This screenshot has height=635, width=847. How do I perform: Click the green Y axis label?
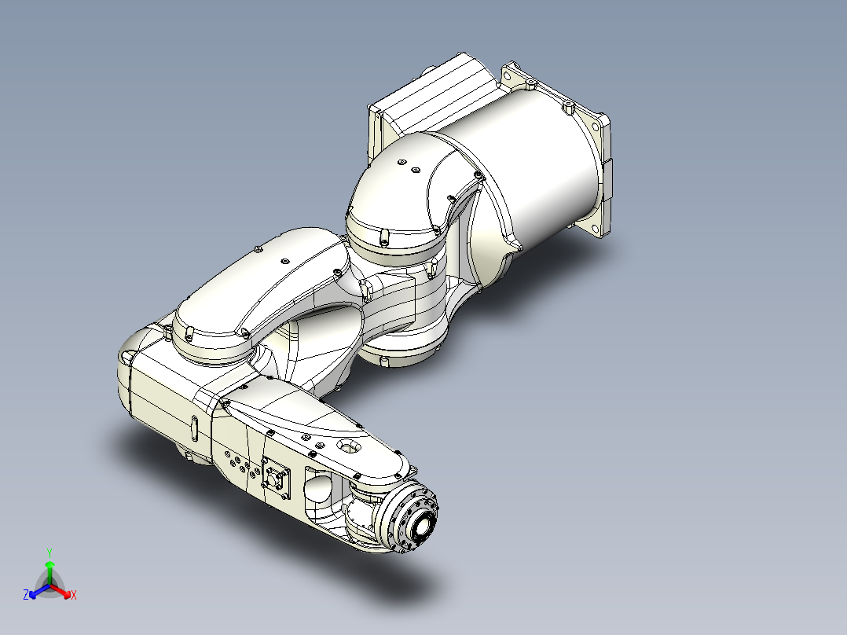(49, 552)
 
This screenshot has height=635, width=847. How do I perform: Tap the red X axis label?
(74, 596)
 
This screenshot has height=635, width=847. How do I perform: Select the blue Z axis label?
(26, 596)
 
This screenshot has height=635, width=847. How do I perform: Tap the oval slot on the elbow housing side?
(192, 429)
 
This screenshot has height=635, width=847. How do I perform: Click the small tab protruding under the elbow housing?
(189, 456)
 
